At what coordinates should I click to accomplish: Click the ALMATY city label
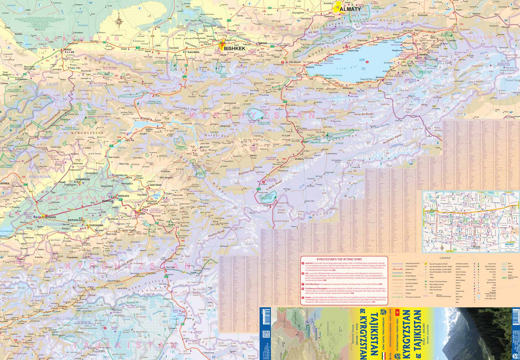tap(350, 9)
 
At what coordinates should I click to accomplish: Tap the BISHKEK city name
tap(234, 49)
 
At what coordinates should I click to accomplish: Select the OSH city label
tap(142, 214)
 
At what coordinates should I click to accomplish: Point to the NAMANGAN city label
tap(83, 179)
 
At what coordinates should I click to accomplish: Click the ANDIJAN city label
tap(123, 196)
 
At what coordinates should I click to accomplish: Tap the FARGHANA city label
tap(96, 225)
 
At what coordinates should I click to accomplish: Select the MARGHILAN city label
tap(75, 220)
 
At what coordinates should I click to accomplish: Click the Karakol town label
tap(423, 54)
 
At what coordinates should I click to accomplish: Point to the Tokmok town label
tap(262, 43)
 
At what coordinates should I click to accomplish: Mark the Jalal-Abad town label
tap(155, 185)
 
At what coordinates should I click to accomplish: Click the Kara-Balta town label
tap(193, 52)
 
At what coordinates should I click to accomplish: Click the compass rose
tap(119, 22)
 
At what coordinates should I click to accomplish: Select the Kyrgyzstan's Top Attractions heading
tap(339, 259)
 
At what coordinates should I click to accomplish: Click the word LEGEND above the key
tap(445, 258)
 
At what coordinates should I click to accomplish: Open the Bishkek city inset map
tap(470, 221)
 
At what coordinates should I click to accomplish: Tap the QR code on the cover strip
tap(266, 334)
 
